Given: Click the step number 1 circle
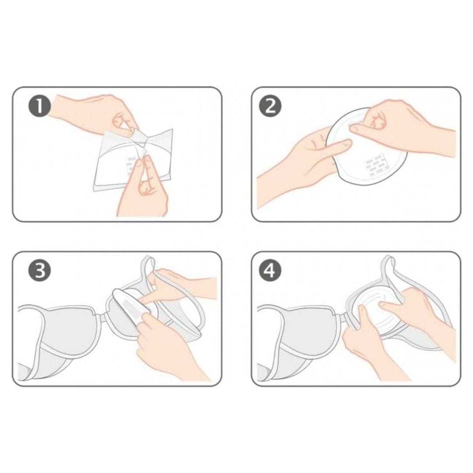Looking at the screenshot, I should point(40,106).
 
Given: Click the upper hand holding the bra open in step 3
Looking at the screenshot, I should point(184,285).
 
